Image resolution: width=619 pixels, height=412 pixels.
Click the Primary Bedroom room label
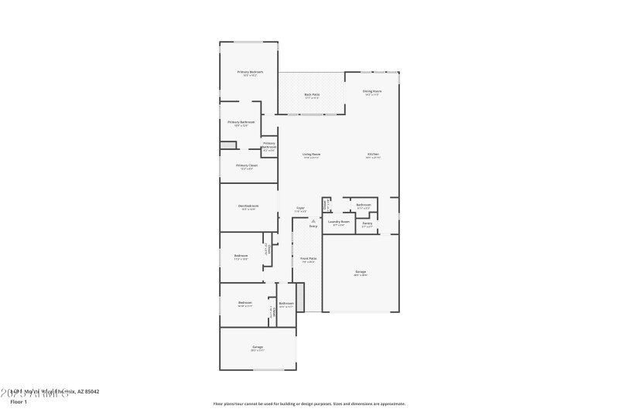[249, 72]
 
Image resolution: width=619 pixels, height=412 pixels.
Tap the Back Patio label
[312, 94]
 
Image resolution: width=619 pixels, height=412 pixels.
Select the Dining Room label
[371, 91]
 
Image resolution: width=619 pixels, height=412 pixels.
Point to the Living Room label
[311, 155]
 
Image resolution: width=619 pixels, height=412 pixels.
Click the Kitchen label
[373, 155]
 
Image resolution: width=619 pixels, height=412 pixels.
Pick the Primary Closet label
[247, 165]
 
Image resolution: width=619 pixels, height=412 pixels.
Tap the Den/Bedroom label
[248, 206]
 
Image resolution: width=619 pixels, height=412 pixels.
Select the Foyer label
[300, 207]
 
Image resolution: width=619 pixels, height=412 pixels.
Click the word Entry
[313, 226]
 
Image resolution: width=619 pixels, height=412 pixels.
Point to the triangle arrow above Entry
[313, 220]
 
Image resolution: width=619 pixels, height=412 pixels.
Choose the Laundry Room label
[339, 222]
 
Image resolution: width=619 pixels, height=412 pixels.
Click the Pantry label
[368, 223]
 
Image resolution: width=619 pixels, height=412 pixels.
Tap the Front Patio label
[309, 259]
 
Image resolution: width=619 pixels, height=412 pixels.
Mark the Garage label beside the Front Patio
[361, 272]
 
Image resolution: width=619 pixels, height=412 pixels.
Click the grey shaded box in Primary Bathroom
[227, 145]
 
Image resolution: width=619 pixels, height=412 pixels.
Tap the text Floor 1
[18, 402]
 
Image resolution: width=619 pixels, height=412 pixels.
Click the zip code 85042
[91, 392]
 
